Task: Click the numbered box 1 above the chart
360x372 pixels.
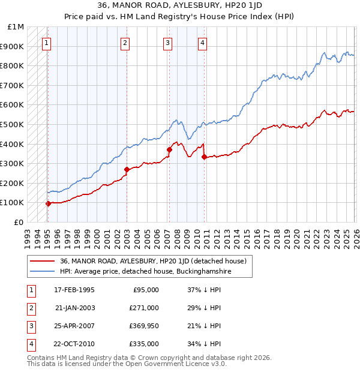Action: coord(47,43)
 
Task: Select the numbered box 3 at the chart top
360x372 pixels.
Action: coord(167,43)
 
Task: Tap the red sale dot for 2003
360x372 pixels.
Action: coord(127,169)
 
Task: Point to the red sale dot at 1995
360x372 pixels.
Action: coord(48,203)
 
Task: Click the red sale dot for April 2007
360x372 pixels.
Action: coord(169,150)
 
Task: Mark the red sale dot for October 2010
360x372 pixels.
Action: coord(204,157)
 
